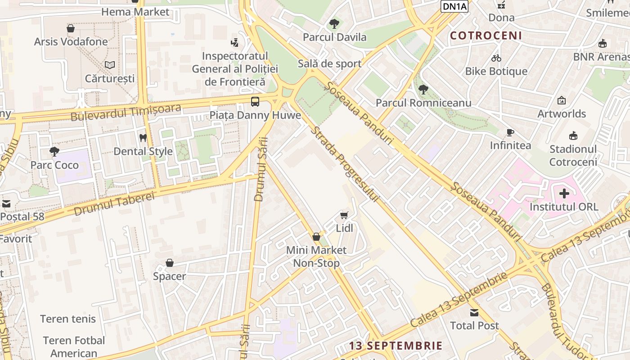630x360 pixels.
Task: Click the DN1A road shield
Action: pyautogui.click(x=454, y=6)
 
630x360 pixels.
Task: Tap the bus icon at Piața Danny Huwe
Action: pyautogui.click(x=255, y=101)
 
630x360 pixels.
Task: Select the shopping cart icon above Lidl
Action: pyautogui.click(x=344, y=216)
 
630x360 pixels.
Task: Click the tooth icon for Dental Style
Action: pyautogui.click(x=143, y=138)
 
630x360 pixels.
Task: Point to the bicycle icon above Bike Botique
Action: pyautogui.click(x=496, y=58)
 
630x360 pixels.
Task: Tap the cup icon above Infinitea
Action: pyautogui.click(x=510, y=132)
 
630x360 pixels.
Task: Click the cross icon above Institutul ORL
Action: pyautogui.click(x=564, y=194)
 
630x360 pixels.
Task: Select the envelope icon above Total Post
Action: pyautogui.click(x=474, y=312)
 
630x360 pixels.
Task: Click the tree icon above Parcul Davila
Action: pyautogui.click(x=334, y=23)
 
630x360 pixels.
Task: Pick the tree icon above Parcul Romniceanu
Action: pyautogui.click(x=423, y=89)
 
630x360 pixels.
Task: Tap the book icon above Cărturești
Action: pyautogui.click(x=110, y=65)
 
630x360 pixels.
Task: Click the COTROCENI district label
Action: pyautogui.click(x=486, y=36)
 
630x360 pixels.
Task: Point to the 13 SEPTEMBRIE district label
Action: pyautogui.click(x=396, y=346)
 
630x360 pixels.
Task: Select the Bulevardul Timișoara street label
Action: pyautogui.click(x=126, y=112)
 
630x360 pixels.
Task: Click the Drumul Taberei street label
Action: pyautogui.click(x=114, y=203)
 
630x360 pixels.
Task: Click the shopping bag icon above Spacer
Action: pyautogui.click(x=170, y=263)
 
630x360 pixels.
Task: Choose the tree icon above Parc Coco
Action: pyautogui.click(x=54, y=152)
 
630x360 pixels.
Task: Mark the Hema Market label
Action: pyautogui.click(x=135, y=12)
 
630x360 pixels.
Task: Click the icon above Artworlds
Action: pyautogui.click(x=561, y=100)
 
